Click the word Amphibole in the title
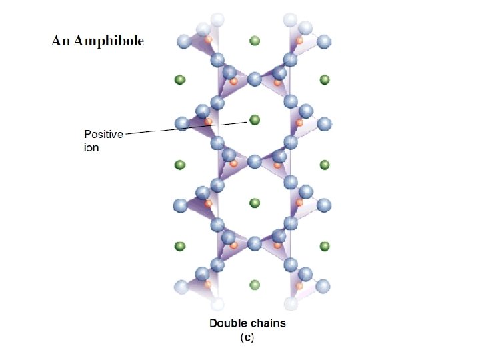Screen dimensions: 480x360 [x=109, y=41]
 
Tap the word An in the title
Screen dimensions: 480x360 [x=61, y=41]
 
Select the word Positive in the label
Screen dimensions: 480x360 [x=103, y=135]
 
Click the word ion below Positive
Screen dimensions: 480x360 [x=91, y=147]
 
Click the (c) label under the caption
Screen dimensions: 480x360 [x=247, y=337]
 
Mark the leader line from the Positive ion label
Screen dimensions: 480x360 [x=180, y=128]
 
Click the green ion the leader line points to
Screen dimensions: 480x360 [x=254, y=120]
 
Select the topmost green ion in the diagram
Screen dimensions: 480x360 [x=254, y=41]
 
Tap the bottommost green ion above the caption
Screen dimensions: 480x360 [x=254, y=285]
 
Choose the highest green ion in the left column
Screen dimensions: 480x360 [x=179, y=80]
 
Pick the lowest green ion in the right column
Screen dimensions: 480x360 [x=325, y=247]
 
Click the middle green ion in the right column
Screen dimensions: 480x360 [x=325, y=164]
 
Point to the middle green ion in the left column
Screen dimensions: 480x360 [x=179, y=164]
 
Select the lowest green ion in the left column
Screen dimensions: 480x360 [x=179, y=247]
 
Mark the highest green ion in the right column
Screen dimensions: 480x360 [x=325, y=80]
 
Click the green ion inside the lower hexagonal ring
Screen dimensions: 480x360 [x=254, y=203]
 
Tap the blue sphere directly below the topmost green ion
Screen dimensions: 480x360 [x=254, y=80]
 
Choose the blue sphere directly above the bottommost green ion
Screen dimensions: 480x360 [x=254, y=244]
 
